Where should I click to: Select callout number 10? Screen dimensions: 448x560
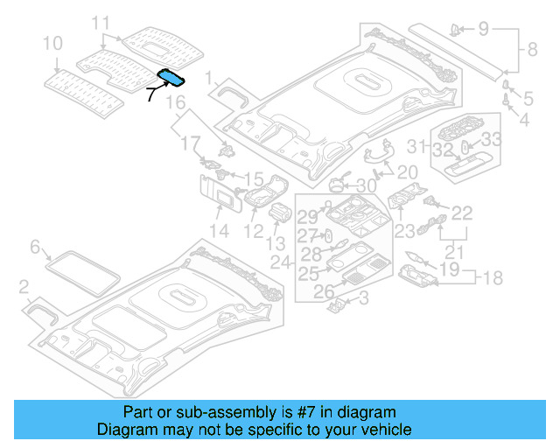tap(52, 43)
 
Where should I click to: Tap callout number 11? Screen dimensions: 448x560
tap(101, 22)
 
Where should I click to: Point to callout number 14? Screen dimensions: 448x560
tap(218, 232)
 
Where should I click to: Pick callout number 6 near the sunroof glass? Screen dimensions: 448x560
tap(35, 248)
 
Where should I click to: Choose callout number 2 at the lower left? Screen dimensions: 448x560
tap(24, 285)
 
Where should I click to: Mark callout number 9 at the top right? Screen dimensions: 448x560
tap(484, 30)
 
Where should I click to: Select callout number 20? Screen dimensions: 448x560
tap(408, 172)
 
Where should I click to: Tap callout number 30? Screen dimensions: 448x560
tap(366, 185)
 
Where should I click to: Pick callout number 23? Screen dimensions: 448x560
tap(403, 231)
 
